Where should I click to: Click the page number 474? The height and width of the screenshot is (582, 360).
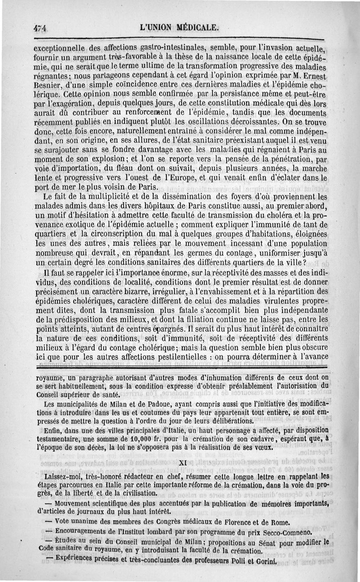(x=40, y=28)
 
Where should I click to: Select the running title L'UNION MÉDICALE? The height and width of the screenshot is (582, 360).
(x=180, y=27)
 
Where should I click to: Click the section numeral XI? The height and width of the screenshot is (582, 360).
(x=183, y=462)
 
